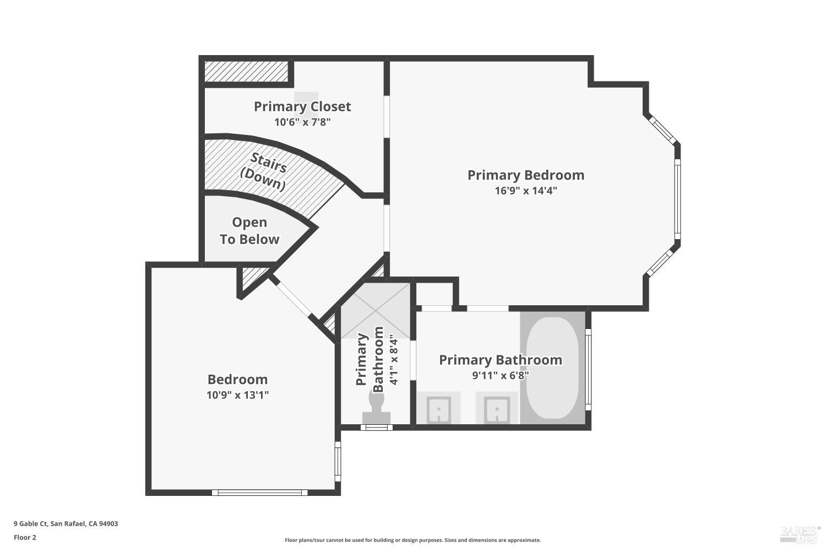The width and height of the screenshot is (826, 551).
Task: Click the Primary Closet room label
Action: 302,107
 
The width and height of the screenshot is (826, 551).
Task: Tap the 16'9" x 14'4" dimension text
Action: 526,191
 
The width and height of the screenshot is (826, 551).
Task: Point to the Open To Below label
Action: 249,231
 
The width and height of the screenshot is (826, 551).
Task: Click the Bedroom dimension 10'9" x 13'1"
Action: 237,395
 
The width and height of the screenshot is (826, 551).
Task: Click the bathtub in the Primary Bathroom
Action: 552,368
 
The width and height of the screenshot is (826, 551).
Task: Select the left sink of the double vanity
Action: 439,409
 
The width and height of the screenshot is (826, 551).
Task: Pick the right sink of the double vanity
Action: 497,409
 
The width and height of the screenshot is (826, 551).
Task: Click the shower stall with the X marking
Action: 376,311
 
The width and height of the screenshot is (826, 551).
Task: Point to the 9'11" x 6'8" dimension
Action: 501,376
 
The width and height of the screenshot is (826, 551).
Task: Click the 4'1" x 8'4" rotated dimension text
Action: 394,360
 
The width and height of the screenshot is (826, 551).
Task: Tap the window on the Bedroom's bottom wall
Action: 259,493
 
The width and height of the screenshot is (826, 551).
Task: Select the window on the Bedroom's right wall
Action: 338,461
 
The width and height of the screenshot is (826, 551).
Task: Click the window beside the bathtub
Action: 589,369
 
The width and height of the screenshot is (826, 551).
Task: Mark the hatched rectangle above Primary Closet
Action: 246,71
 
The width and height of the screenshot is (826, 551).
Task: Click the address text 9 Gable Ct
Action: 31,523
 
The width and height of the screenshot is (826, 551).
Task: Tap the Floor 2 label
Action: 25,537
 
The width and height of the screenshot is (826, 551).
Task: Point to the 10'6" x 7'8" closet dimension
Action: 302,122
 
